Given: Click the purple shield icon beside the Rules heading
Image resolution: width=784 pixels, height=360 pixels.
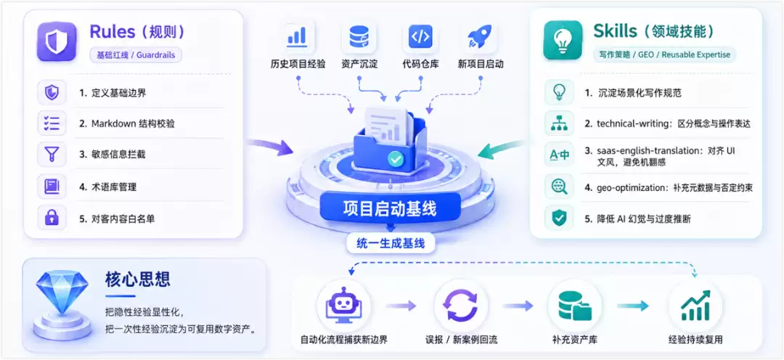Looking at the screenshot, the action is click(57, 41).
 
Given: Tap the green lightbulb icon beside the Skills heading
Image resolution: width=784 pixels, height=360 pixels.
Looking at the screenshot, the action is click(563, 41).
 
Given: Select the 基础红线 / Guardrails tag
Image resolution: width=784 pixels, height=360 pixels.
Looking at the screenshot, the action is click(136, 55).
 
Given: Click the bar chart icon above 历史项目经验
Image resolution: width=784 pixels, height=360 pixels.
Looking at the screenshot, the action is click(297, 36).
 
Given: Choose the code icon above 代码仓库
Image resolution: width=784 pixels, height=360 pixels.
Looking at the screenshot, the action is click(420, 36).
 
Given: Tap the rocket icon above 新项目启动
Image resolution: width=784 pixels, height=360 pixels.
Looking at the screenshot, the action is click(480, 36).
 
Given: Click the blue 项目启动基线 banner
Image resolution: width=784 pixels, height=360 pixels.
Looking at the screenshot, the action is click(390, 208).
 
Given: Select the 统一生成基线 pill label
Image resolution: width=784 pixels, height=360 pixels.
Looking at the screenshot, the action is click(391, 243).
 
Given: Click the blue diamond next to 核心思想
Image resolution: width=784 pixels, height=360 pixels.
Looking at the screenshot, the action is click(62, 291).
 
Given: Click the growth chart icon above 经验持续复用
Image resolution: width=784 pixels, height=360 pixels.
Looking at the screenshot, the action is click(695, 306).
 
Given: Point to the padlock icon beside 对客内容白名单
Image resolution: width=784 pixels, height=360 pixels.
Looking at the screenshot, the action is click(52, 218).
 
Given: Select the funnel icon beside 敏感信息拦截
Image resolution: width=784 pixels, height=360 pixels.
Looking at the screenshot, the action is click(52, 154).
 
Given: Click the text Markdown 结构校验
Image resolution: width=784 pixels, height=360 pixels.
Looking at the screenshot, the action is click(133, 123).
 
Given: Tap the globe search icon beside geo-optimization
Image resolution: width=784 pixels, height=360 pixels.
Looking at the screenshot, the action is click(559, 187).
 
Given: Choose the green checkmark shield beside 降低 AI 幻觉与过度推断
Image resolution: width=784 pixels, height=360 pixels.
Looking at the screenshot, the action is click(559, 218).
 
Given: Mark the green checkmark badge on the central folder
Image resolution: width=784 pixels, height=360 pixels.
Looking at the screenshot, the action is click(396, 160).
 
